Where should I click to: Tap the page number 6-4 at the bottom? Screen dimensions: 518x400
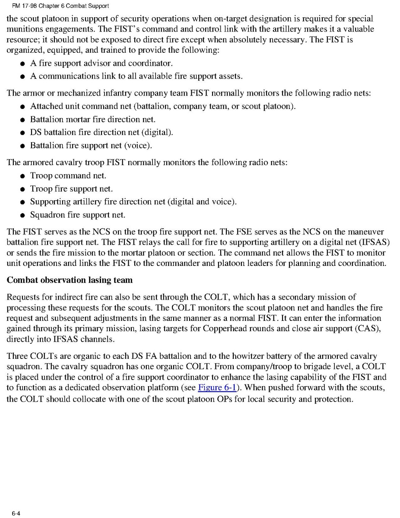tap(16, 513)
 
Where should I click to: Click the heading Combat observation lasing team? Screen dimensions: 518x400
tap(70, 280)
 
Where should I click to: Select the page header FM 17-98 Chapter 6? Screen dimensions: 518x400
tap(60, 6)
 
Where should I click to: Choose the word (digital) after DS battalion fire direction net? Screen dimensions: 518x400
tap(156, 133)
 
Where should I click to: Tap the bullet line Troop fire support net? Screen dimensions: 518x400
tap(71, 189)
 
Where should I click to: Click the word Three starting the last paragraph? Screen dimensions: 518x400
tap(17, 356)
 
